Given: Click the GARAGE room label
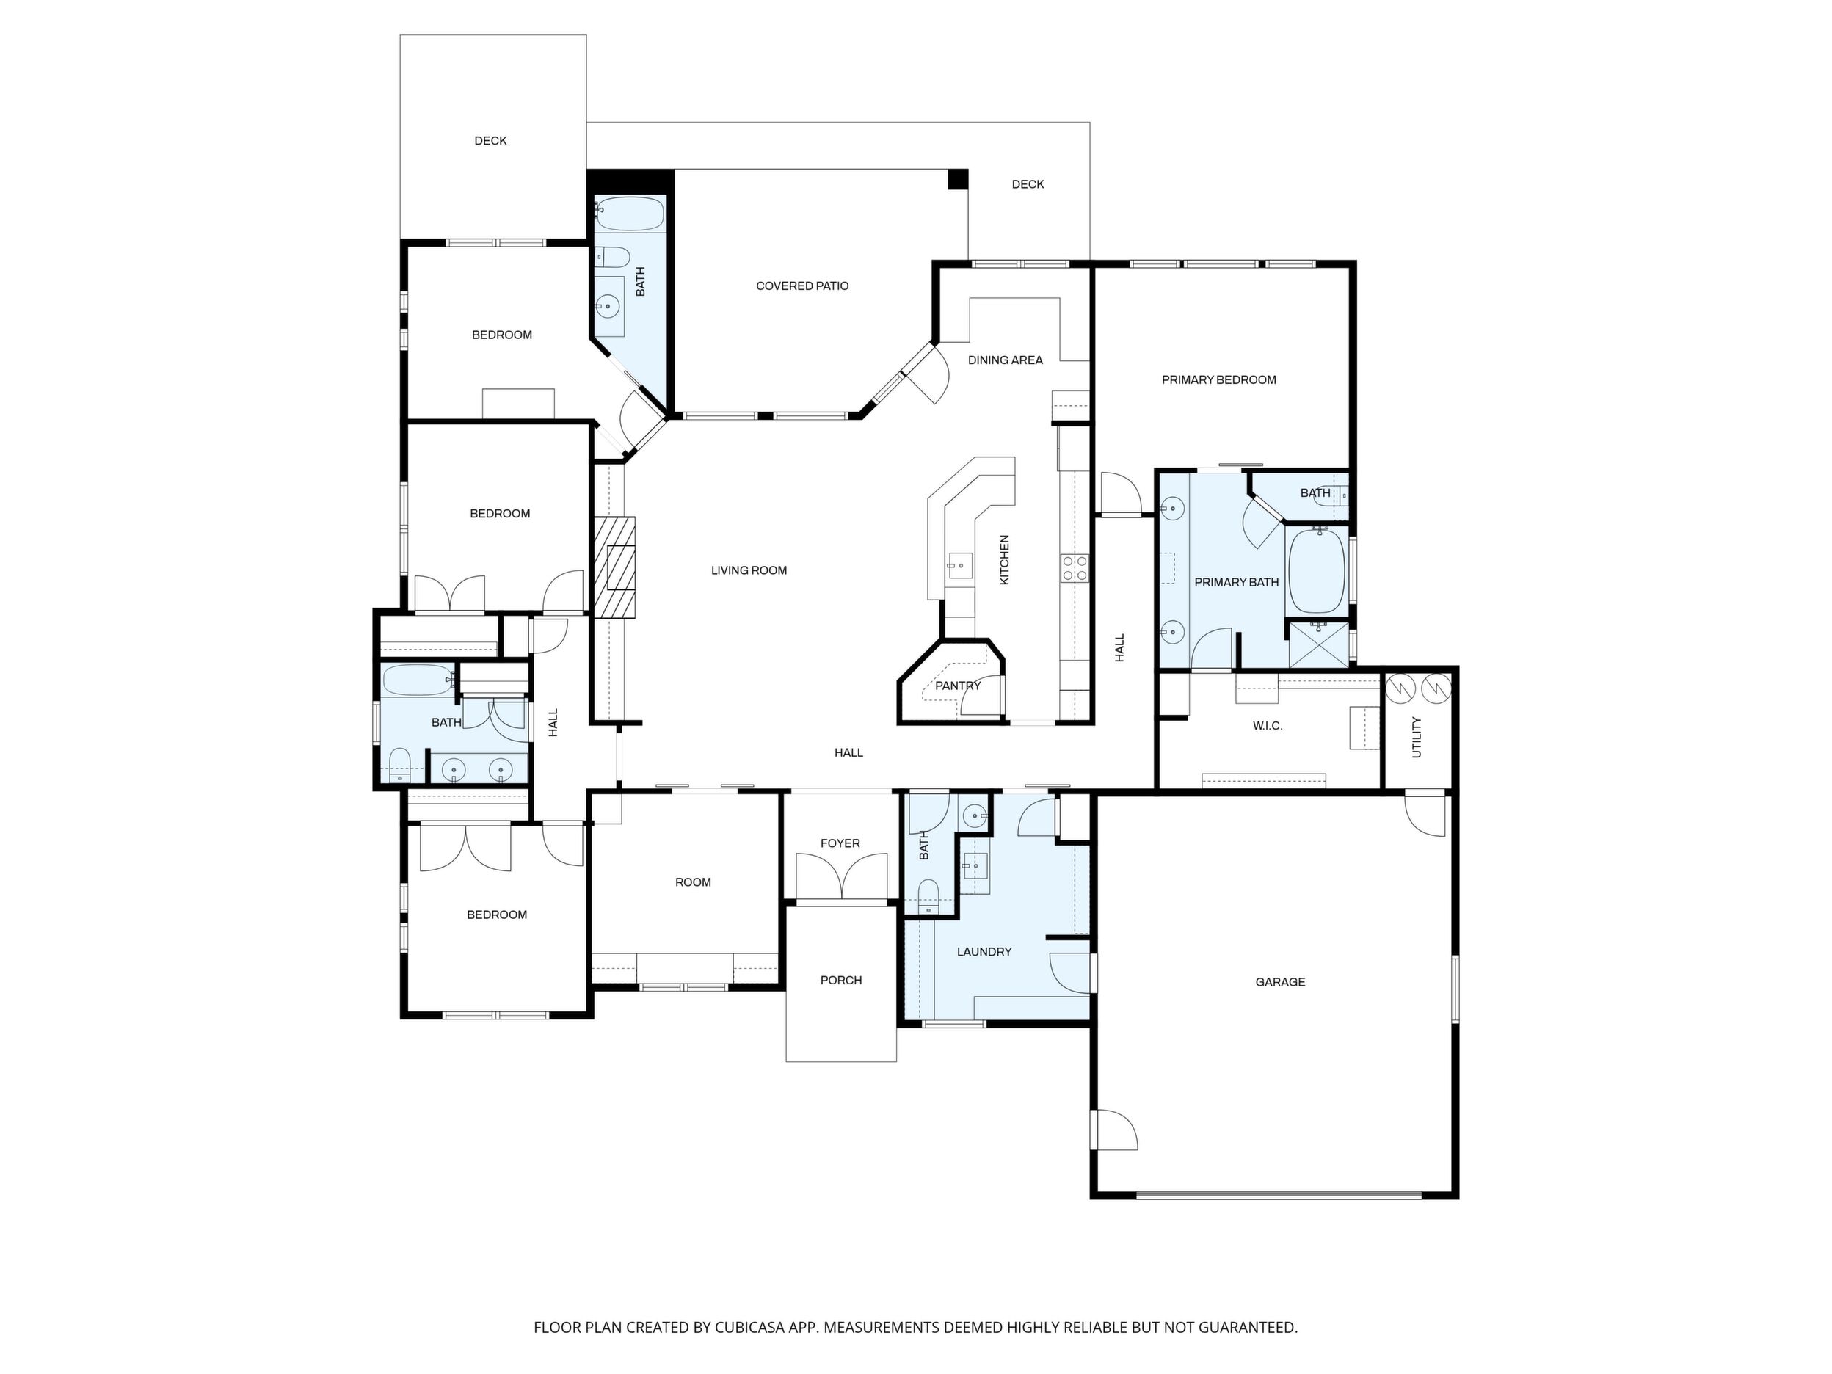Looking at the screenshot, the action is point(1279,981).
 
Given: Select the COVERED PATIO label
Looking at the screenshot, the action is point(801,286).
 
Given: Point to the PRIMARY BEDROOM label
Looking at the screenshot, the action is point(1218,379).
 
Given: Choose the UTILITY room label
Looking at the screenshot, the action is point(1417,737).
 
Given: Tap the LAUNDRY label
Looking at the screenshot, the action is point(984,952).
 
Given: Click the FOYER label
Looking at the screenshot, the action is point(840,843).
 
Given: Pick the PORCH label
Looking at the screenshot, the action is point(840,980).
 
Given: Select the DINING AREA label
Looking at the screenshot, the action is point(1006,360).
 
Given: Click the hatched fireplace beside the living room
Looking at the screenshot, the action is point(614,567).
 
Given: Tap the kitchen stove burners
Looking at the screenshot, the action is point(1075,568).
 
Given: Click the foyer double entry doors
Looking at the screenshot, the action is point(840,877).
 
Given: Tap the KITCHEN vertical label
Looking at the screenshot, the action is point(1005,560).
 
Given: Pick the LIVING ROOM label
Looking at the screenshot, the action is point(749,570).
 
